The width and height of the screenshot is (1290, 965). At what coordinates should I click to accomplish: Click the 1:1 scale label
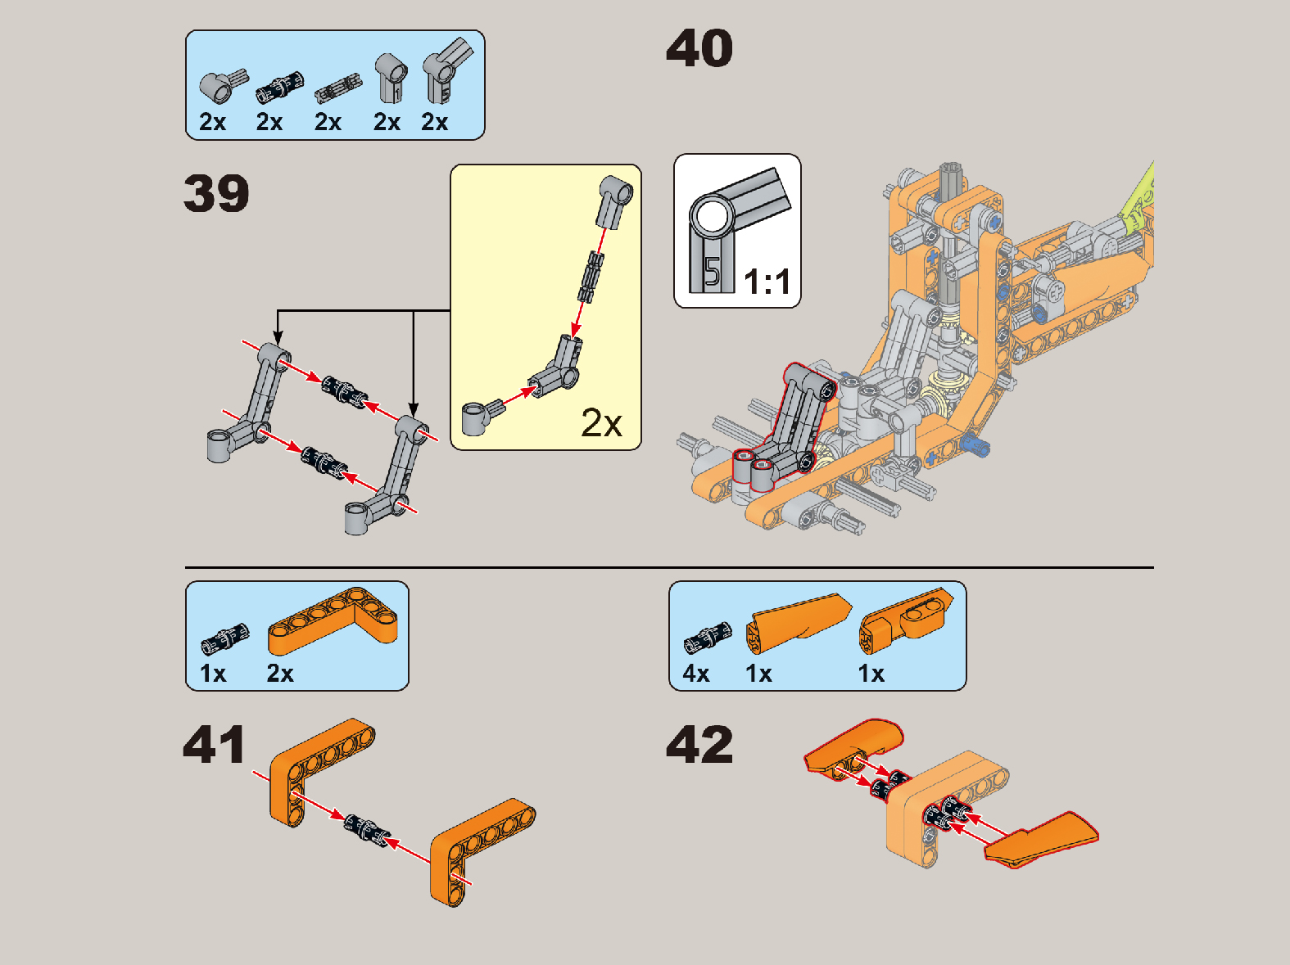click(x=767, y=282)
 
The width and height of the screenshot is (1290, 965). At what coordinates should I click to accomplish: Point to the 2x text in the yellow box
click(x=601, y=422)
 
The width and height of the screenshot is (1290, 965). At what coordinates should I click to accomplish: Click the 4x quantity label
click(x=696, y=673)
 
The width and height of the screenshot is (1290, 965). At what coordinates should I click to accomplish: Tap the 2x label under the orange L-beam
click(x=280, y=673)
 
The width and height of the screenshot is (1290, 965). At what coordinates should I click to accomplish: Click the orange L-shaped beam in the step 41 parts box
click(x=333, y=620)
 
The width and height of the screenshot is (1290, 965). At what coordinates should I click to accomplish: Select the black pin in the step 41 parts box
click(x=225, y=638)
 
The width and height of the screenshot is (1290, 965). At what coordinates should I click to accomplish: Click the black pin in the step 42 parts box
click(x=708, y=638)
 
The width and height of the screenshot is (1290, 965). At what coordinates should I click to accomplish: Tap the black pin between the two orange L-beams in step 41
click(x=367, y=832)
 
